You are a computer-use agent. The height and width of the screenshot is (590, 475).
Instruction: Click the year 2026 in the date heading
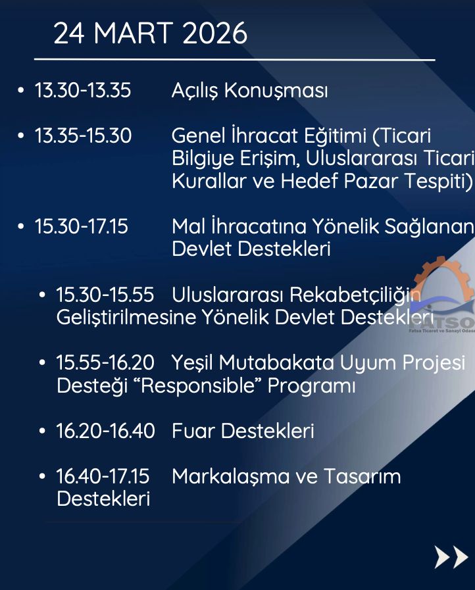pyautogui.click(x=215, y=33)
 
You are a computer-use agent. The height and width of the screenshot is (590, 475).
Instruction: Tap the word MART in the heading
pyautogui.click(x=134, y=33)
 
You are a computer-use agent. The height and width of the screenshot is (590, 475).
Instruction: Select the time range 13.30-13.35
pyautogui.click(x=83, y=90)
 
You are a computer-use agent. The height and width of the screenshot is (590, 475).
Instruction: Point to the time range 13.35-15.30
pyautogui.click(x=83, y=135)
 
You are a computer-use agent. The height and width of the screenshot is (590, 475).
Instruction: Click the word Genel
pyautogui.click(x=199, y=135)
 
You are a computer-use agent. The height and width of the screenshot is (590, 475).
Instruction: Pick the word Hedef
pyautogui.click(x=309, y=181)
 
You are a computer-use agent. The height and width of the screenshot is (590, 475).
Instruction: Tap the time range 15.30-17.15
pyautogui.click(x=82, y=226)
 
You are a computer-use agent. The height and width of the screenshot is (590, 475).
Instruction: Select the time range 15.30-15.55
pyautogui.click(x=105, y=295)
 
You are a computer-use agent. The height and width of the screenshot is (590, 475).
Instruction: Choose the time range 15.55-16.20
pyautogui.click(x=105, y=362)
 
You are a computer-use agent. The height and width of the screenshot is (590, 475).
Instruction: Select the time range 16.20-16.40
pyautogui.click(x=106, y=431)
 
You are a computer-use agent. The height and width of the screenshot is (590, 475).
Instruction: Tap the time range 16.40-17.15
pyautogui.click(x=103, y=476)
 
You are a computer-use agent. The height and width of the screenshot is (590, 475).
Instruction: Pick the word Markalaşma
pyautogui.click(x=230, y=477)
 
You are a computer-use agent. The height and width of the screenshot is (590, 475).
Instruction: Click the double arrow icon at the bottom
pyautogui.click(x=451, y=557)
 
